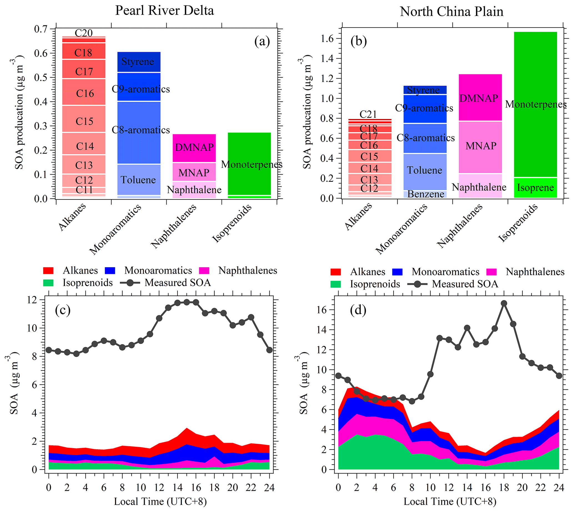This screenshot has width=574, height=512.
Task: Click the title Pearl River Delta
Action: pos(164,11)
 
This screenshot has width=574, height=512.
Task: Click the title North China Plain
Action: pos(451,12)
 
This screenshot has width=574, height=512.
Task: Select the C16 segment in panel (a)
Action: pos(84,93)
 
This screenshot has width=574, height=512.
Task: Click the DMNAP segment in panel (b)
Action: pos(480,98)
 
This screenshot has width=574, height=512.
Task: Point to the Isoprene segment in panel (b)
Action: pos(535,188)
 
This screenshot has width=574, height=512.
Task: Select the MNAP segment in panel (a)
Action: pos(194,172)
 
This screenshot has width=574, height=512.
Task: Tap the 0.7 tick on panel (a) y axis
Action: pos(41,29)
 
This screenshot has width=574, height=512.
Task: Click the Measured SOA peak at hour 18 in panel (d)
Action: pos(504,304)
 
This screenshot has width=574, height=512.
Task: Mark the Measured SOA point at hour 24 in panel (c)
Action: pos(269,350)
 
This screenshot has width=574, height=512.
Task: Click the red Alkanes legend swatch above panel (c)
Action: pos(48,271)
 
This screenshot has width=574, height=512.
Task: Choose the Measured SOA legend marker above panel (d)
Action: pos(417,284)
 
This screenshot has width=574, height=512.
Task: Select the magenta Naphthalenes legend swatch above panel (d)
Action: pos(492,272)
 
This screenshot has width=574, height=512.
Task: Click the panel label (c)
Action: pos(62,310)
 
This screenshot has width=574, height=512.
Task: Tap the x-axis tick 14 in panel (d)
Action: pos(467,488)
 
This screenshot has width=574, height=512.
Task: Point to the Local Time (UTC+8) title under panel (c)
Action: pos(160,501)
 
